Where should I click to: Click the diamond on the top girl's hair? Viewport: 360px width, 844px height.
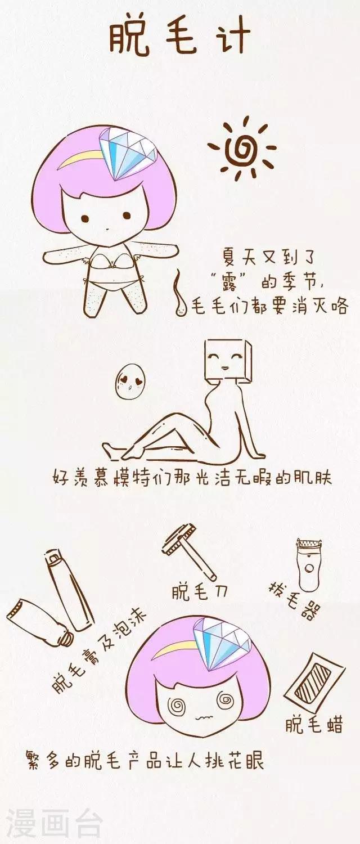point(129,152)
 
